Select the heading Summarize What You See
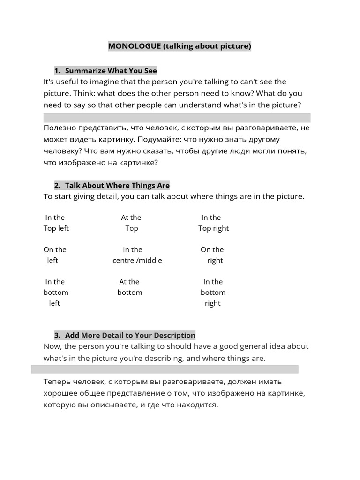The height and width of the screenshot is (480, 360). point(111,71)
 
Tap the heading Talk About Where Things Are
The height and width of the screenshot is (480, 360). point(117,185)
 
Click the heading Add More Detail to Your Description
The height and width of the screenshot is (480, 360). point(130,335)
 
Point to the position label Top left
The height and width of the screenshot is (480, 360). point(56,228)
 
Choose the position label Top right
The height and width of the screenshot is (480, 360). point(213,228)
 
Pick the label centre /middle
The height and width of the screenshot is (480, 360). point(137,260)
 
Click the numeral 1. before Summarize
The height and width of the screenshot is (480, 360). point(58,71)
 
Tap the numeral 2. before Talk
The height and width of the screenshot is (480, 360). point(58,185)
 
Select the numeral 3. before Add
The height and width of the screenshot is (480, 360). point(58,335)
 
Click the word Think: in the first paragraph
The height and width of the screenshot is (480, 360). point(84,93)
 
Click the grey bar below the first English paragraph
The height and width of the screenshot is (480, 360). point(177,117)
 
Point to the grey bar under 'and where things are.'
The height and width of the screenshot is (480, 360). point(165,369)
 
